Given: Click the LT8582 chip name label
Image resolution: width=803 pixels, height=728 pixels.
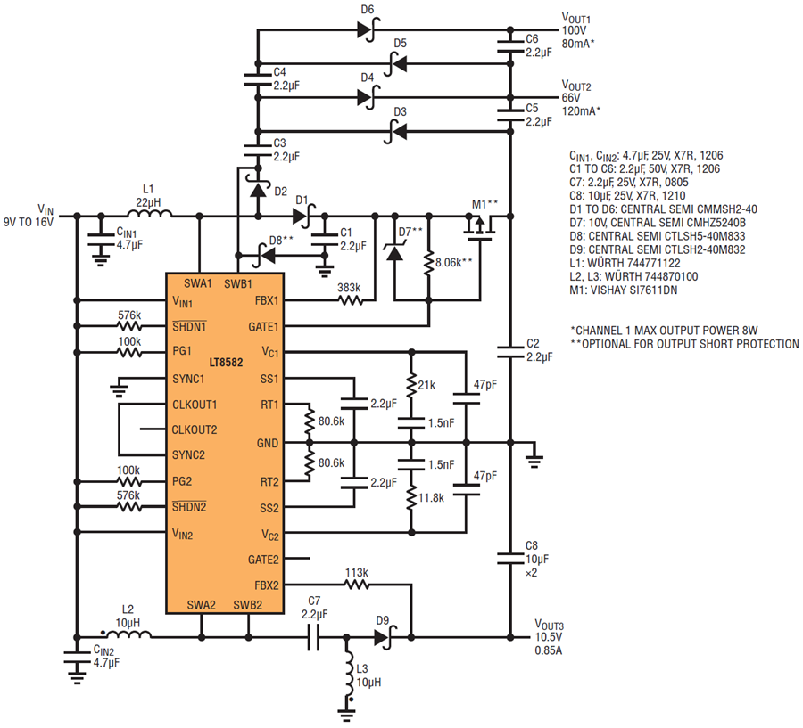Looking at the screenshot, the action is click(x=226, y=362).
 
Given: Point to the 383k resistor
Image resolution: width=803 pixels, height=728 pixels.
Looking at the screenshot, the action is click(x=351, y=301).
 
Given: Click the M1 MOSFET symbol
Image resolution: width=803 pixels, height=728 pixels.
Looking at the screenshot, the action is click(x=480, y=226).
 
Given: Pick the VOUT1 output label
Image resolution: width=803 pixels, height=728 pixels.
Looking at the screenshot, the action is click(x=576, y=19).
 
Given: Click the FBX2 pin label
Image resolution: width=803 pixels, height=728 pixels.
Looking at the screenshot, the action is click(x=267, y=585).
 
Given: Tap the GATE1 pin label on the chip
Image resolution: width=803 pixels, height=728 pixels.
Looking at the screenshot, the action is click(x=263, y=326).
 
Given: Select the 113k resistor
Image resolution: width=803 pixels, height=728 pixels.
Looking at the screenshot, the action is click(x=357, y=585).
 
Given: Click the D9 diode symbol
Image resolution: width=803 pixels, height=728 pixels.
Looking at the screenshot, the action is click(x=385, y=637).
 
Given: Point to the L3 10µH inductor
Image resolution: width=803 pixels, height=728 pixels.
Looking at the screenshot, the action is click(x=349, y=676).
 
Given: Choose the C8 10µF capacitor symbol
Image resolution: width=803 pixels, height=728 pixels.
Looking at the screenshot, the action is click(x=510, y=559).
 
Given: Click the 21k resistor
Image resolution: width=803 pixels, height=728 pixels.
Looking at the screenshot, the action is click(x=411, y=386).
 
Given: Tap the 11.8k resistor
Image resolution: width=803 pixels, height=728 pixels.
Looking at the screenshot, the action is click(x=411, y=498).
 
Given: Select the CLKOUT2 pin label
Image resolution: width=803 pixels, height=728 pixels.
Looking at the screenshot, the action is click(x=195, y=429).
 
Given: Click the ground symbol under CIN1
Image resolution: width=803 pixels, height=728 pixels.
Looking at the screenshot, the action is click(x=101, y=261).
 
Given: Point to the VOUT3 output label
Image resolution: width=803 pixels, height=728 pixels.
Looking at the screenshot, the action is click(x=549, y=626).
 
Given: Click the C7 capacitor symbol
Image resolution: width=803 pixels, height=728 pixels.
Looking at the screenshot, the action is click(x=314, y=637).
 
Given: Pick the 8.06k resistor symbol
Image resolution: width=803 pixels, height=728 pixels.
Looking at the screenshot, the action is click(x=428, y=263).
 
